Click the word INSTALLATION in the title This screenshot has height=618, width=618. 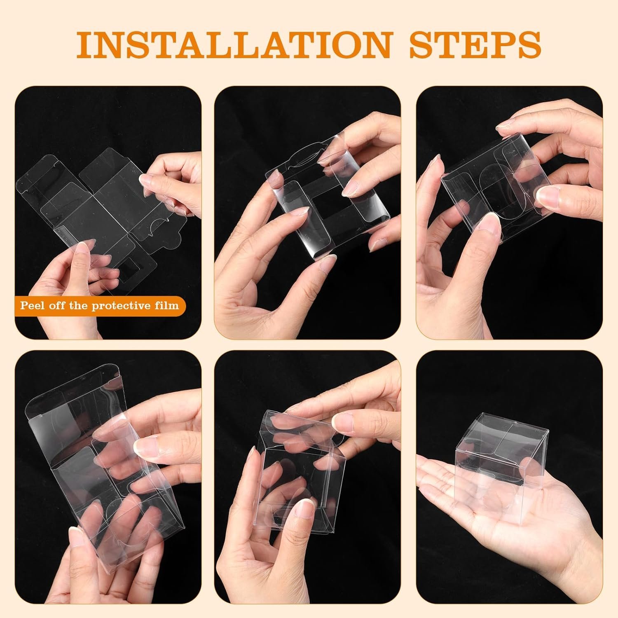[233, 43]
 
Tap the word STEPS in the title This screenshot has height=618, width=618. [475, 43]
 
